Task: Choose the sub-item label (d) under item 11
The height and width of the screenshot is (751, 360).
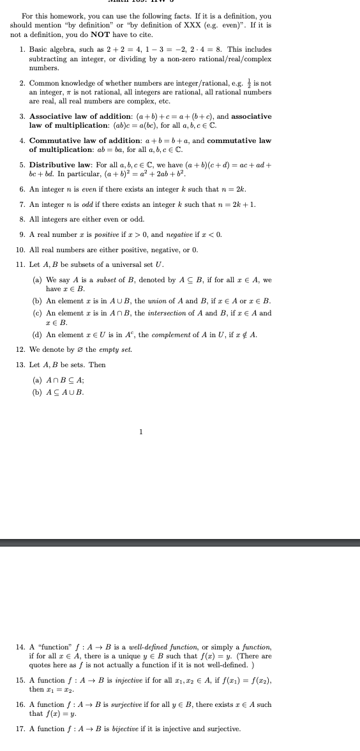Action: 37,335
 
